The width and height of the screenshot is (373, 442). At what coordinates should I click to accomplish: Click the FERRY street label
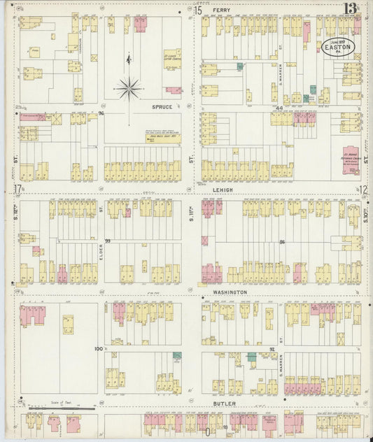point(221,10)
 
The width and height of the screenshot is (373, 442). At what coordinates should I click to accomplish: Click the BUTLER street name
point(225,404)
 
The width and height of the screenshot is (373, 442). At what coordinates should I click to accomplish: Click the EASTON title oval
point(344,47)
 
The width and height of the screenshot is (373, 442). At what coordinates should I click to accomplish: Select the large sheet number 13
point(351,10)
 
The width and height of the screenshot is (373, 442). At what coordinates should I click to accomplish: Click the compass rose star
point(128,88)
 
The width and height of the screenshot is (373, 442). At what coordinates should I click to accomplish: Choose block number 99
point(108,241)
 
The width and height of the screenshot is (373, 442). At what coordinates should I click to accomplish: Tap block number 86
point(282,241)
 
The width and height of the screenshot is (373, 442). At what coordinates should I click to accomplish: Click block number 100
point(98,348)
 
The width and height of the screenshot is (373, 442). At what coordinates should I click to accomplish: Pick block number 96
point(101,113)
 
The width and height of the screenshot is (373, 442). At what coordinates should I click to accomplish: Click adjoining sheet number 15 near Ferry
point(198,10)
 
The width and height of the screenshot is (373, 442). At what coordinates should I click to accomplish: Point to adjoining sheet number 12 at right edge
point(365,189)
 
